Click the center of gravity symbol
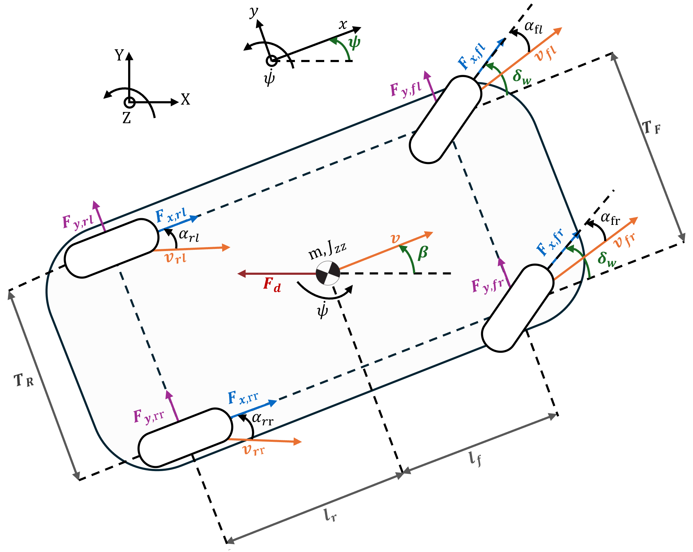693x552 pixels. (327, 273)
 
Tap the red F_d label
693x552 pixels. (272, 285)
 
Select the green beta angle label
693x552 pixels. (423, 253)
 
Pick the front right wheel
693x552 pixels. (517, 307)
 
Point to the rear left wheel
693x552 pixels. (111, 248)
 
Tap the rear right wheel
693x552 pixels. (185, 438)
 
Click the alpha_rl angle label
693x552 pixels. (189, 236)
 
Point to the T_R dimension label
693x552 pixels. (24, 380)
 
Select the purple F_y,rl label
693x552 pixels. (78, 222)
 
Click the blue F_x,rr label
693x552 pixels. (243, 398)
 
